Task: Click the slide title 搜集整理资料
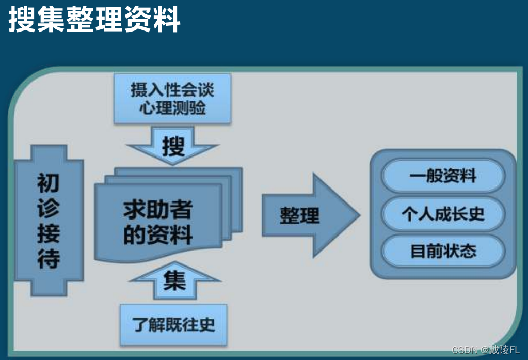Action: [x=94, y=20]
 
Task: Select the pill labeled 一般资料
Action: [x=443, y=176]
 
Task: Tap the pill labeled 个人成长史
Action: [x=443, y=214]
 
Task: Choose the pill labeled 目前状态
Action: [x=443, y=251]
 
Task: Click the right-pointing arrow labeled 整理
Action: [x=310, y=215]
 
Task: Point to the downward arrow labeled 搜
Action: [x=173, y=147]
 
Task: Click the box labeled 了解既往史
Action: [x=173, y=325]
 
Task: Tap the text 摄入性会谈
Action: [x=172, y=91]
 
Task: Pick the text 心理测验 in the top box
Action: [x=172, y=108]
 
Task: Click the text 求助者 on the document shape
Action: [x=157, y=210]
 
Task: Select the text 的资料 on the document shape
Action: [x=157, y=235]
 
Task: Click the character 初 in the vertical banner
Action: [x=49, y=183]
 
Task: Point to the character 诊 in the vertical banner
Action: [x=49, y=208]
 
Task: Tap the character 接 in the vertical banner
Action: [x=49, y=233]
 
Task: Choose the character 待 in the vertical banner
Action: [x=49, y=259]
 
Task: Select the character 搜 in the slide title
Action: [x=21, y=20]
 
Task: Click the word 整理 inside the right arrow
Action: [x=299, y=215]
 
